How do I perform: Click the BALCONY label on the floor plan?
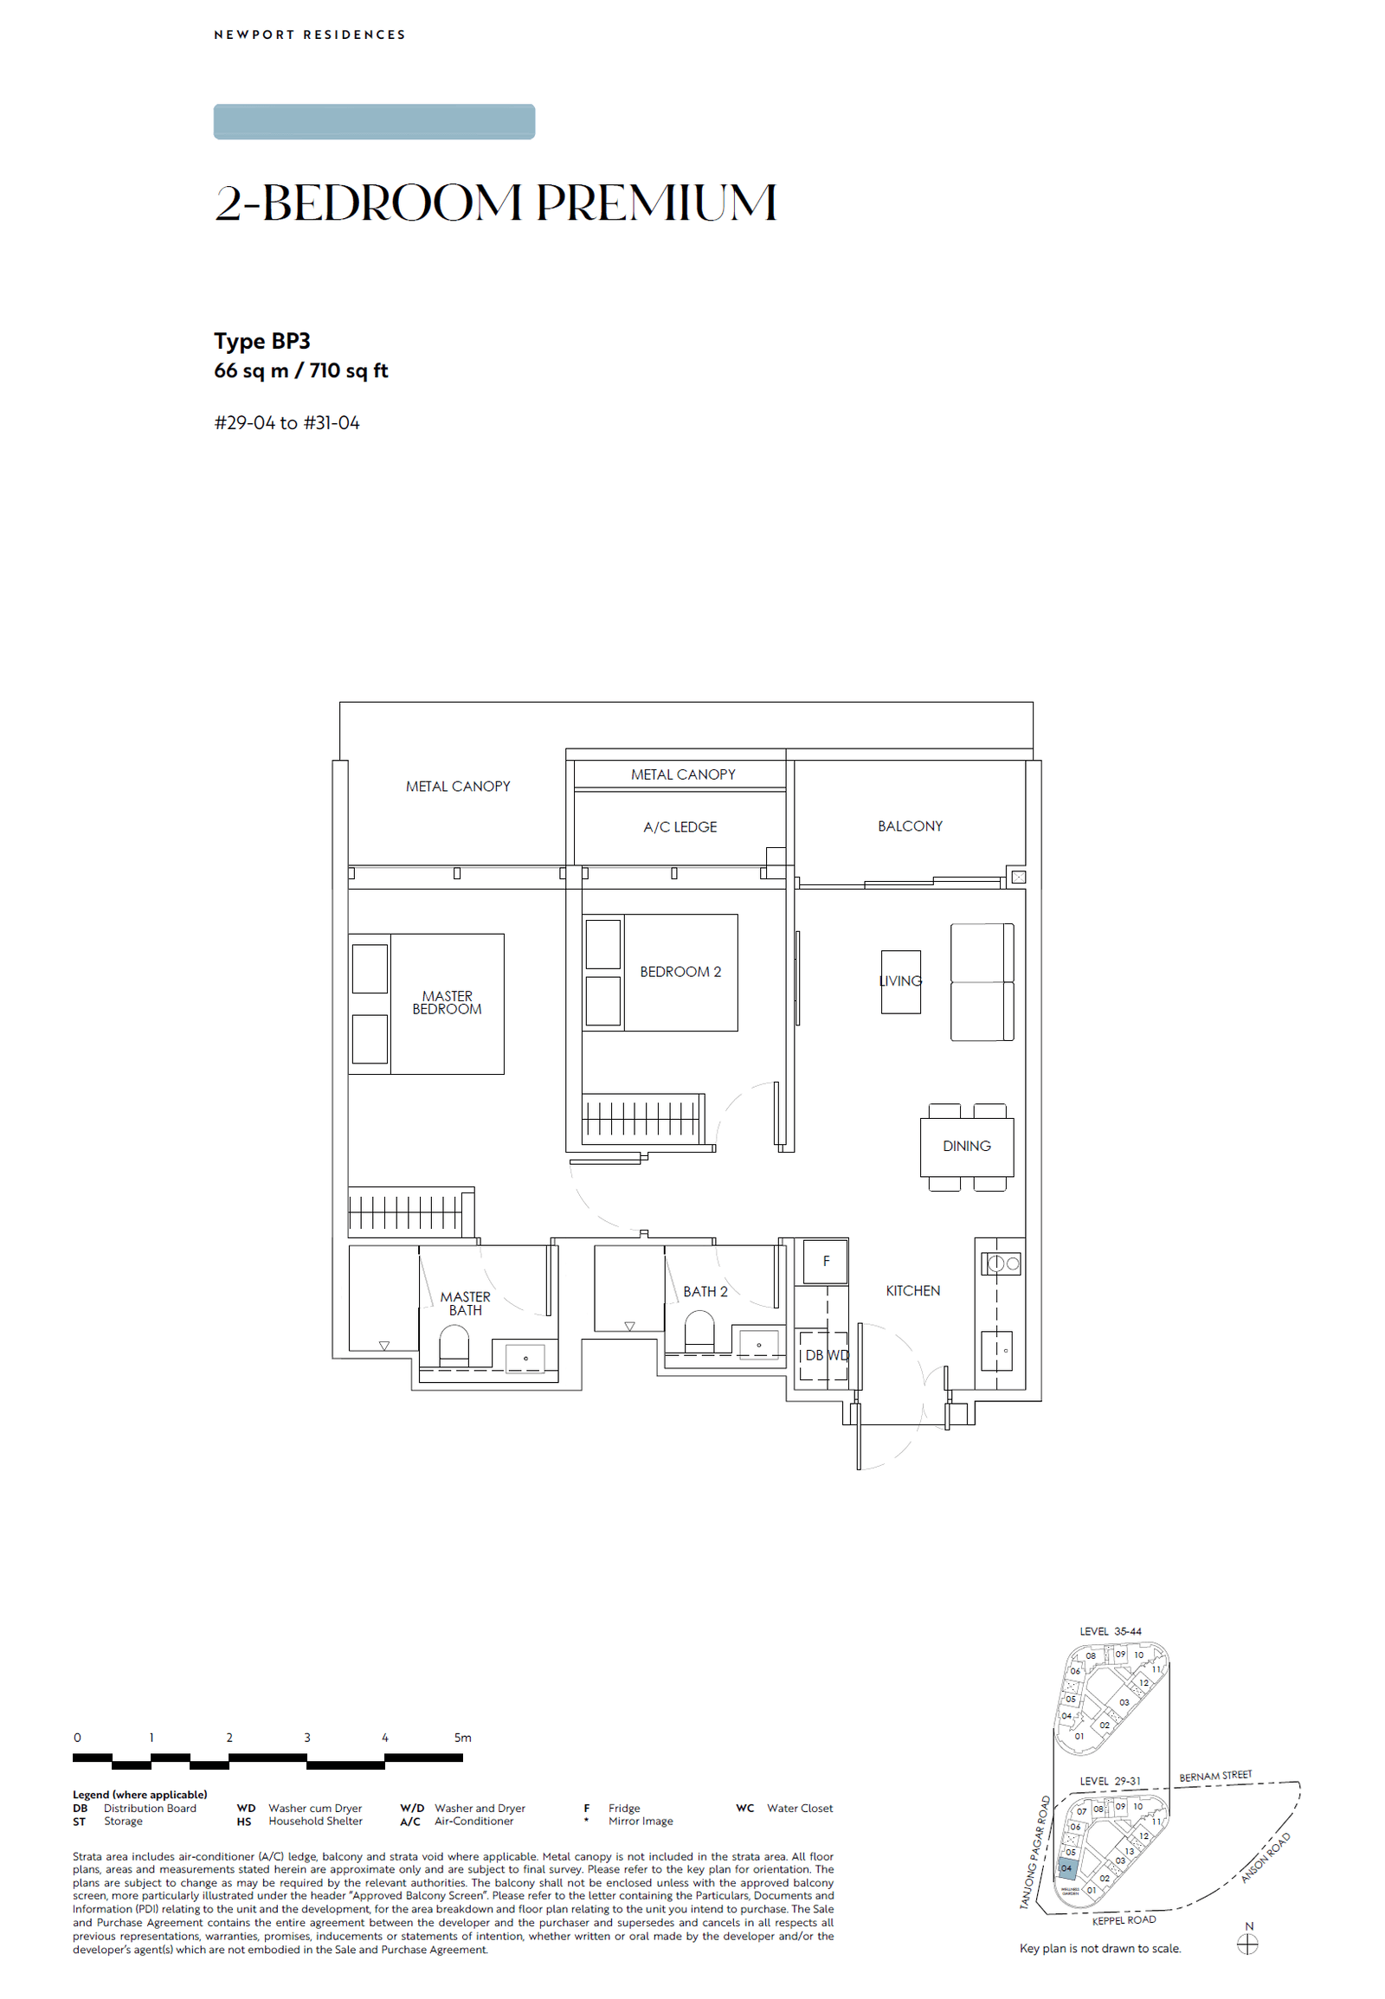(x=910, y=826)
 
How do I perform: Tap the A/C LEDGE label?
(x=680, y=826)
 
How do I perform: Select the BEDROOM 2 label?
(x=680, y=972)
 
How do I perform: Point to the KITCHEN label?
(x=913, y=1290)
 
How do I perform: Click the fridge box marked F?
(x=825, y=1261)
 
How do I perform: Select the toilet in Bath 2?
(x=699, y=1328)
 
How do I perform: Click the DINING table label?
(x=966, y=1146)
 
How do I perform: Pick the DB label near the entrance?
(x=813, y=1355)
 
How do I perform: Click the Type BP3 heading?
(x=262, y=341)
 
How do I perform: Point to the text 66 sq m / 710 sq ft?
(x=300, y=370)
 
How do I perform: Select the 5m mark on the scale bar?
(x=462, y=1738)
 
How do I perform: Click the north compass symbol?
(x=1247, y=1944)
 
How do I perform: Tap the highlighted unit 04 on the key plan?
(x=1066, y=1868)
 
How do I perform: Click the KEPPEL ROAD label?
(x=1124, y=1920)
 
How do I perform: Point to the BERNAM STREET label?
(x=1215, y=1776)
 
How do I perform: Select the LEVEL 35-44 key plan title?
(x=1110, y=1631)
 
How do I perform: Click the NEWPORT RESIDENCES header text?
(x=310, y=35)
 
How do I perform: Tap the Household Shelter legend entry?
(x=314, y=1821)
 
